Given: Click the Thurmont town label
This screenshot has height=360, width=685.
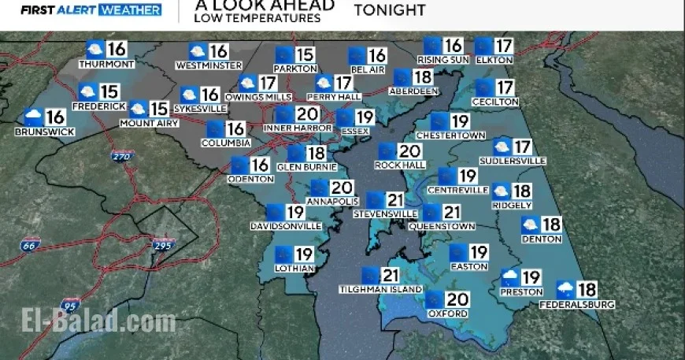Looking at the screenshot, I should point(107,64).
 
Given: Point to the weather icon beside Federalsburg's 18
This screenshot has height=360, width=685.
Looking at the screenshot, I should point(565,289).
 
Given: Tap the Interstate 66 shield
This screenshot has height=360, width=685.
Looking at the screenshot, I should point(28,247).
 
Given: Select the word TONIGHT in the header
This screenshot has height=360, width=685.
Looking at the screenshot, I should point(390,10).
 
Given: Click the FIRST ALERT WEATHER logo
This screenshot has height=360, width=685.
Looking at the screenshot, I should point(91,10).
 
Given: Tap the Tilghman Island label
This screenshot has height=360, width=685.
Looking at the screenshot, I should point(370,290).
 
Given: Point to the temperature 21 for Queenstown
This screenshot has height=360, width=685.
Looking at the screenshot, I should point(451,213).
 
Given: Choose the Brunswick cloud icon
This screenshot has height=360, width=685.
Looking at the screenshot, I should point(33,118).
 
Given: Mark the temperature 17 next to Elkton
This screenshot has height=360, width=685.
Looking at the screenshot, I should point(504,46).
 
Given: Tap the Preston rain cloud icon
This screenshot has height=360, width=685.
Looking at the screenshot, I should point(510,278).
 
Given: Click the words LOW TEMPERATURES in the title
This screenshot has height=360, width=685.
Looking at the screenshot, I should point(257,17).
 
